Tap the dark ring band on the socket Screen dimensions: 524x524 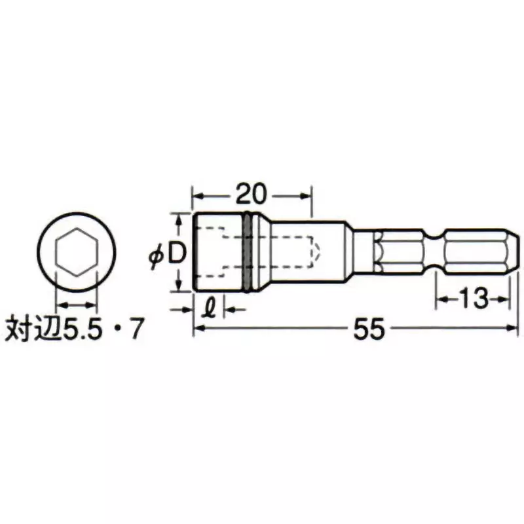[x=247, y=253]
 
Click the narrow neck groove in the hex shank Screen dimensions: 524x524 [x=435, y=252]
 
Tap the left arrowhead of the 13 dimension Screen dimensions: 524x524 [x=441, y=299]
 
